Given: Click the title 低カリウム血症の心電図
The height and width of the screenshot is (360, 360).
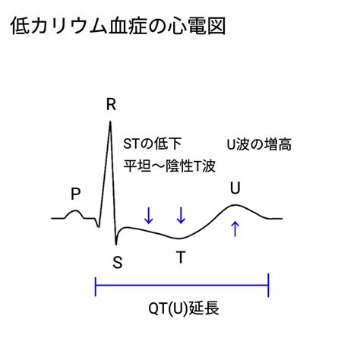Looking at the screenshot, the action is (118, 26).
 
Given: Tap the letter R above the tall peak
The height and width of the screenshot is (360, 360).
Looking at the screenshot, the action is (111, 104).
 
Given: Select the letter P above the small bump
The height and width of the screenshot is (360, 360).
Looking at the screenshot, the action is (75, 194).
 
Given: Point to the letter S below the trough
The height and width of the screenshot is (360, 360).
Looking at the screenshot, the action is (118, 262).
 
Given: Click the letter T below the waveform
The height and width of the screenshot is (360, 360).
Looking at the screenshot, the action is (181, 257).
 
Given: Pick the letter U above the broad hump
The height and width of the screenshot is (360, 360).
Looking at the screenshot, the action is (235, 188).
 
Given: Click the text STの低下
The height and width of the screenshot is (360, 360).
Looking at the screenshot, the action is (152, 144).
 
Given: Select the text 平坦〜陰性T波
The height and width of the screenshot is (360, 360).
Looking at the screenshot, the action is (169, 166).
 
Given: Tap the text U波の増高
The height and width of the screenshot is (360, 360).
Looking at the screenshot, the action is (259, 144).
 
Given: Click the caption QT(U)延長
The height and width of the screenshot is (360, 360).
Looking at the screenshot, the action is (184, 308).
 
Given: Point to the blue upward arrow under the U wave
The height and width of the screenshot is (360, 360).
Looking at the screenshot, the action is (235, 229).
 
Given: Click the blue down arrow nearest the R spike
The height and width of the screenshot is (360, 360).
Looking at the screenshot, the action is (149, 216).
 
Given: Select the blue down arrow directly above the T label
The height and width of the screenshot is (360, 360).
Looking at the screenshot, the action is (181, 215).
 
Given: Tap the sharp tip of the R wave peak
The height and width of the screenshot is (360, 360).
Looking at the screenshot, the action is (110, 122).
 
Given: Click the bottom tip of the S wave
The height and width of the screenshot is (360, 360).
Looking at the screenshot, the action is (116, 244).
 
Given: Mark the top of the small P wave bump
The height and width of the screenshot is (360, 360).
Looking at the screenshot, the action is (75, 210).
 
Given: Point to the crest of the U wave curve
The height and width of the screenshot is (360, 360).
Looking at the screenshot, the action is (235, 205).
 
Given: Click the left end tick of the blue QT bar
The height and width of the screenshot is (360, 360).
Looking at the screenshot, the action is (96, 286).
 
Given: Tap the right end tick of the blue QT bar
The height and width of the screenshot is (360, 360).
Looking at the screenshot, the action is (268, 286).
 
